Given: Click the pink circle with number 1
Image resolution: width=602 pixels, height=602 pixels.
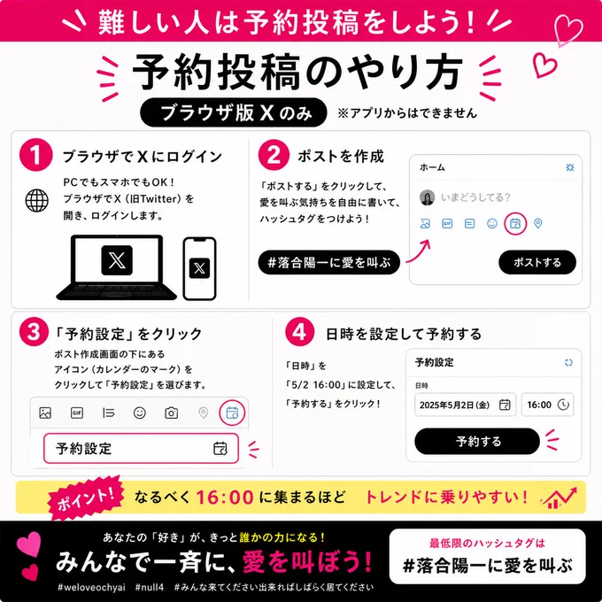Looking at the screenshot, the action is point(35,155).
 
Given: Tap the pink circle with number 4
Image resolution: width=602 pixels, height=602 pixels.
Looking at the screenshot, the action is point(300,332).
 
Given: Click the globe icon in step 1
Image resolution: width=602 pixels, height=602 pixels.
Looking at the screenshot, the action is point(37,200).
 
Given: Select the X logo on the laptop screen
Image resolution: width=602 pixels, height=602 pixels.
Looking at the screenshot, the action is point(117,260).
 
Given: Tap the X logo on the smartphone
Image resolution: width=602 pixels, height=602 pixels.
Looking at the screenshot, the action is point(200,268).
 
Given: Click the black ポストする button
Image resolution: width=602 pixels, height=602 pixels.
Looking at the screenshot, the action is point(537,263).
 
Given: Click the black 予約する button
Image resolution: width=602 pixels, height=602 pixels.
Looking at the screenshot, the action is point(477,441).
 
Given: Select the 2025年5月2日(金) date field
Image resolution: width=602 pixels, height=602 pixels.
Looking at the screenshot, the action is point(465,405).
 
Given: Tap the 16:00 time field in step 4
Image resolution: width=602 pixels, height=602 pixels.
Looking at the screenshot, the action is point(547,405).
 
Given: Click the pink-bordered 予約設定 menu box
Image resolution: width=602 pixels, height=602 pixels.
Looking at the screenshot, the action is point(141,448).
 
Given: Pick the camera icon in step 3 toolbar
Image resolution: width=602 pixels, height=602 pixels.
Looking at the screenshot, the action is point(171,413).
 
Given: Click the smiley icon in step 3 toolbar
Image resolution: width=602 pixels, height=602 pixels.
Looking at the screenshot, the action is point(139,413).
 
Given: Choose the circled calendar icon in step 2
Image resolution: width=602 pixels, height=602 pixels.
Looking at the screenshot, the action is point(515,223).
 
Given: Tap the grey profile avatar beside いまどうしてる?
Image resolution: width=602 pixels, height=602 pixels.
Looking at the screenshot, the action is point(427,197).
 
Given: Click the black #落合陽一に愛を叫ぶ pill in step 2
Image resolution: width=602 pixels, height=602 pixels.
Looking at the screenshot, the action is point(329,263).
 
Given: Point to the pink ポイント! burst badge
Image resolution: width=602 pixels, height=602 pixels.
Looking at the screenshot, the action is point(86,498).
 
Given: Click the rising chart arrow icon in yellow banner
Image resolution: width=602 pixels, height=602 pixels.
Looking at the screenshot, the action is point(559,498).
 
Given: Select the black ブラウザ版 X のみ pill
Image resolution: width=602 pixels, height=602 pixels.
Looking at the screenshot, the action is point(234,112).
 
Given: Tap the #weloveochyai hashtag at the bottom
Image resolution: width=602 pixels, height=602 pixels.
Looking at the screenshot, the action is point(91,588).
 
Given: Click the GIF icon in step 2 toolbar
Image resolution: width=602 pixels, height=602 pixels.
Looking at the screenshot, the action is point(447,223).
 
